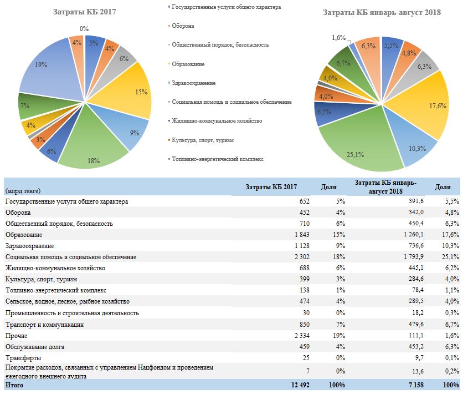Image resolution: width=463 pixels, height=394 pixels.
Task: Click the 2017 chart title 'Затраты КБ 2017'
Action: (x=84, y=12)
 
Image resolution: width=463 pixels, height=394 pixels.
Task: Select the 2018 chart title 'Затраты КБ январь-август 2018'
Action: (x=382, y=12)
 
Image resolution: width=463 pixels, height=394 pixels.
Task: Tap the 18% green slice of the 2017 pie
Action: (x=91, y=142)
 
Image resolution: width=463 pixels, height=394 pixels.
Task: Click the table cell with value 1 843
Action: (x=302, y=235)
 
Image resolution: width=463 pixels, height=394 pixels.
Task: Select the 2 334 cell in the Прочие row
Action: (x=302, y=336)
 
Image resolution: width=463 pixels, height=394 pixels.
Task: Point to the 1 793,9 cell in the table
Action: (x=413, y=256)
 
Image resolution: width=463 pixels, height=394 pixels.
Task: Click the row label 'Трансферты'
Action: (x=23, y=358)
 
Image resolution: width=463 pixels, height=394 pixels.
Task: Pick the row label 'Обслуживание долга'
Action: (x=35, y=347)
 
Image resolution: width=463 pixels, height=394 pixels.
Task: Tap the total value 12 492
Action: (x=300, y=385)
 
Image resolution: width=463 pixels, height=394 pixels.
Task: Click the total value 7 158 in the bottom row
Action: (x=416, y=385)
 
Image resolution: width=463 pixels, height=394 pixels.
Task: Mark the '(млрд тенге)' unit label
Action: (x=23, y=191)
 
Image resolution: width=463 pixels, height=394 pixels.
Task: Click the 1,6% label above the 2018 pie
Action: (x=339, y=38)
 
